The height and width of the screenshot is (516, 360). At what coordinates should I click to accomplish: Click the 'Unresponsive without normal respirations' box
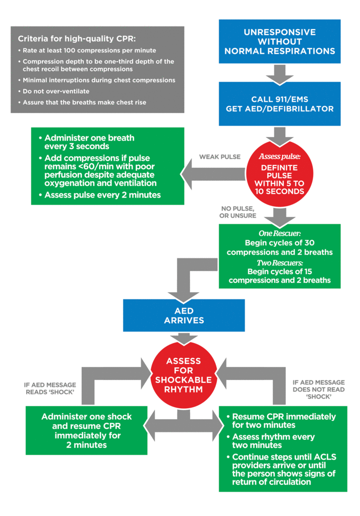(x=279, y=41)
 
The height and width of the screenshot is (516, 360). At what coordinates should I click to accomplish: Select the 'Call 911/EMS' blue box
(x=279, y=104)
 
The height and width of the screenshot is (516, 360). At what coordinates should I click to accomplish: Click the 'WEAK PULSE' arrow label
(x=220, y=157)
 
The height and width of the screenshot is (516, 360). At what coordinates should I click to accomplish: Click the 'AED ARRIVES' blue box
(x=184, y=316)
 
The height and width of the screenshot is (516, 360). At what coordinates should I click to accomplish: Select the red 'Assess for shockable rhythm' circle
(x=184, y=375)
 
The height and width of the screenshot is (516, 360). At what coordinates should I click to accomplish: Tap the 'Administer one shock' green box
(x=87, y=431)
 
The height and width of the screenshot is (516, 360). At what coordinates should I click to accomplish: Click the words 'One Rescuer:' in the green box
(x=279, y=233)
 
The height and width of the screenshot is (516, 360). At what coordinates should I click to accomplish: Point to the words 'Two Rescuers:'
(x=279, y=263)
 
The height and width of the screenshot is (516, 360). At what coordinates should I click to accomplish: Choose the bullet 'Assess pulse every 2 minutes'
(x=102, y=196)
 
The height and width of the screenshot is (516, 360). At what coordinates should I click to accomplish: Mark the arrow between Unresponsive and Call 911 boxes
(x=279, y=73)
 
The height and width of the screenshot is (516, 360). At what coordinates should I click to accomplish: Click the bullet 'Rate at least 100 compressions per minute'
(x=89, y=50)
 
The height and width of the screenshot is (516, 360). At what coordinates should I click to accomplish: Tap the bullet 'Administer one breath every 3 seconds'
(x=89, y=142)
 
